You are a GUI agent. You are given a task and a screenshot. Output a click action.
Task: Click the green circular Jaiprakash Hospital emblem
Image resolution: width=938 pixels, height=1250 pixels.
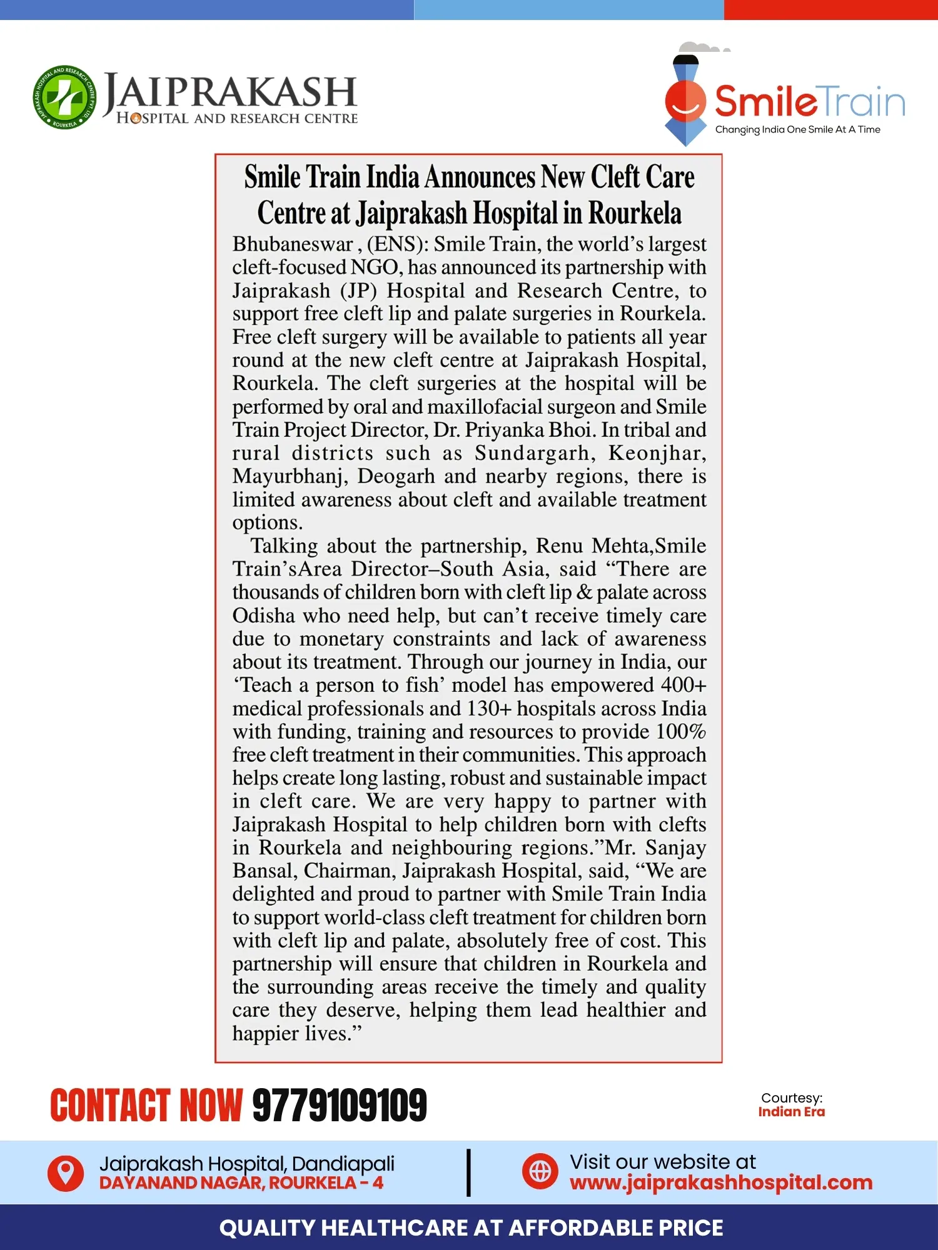point(65,97)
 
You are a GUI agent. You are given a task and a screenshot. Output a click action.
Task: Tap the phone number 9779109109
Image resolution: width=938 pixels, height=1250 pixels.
point(340,1105)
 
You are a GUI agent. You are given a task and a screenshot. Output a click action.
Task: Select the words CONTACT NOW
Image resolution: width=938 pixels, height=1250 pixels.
point(146,1105)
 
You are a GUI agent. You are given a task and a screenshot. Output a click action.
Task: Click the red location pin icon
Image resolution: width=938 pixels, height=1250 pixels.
point(66,1172)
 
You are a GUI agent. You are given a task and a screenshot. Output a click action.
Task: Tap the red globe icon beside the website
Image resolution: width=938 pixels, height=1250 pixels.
point(540,1171)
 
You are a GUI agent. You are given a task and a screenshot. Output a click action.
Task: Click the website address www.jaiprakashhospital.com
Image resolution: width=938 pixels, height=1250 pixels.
point(720,1182)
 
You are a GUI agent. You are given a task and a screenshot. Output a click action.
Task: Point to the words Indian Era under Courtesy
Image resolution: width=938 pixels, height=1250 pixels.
point(791,1112)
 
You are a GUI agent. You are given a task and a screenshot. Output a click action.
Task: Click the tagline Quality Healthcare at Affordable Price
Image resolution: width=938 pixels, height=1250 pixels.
point(471,1227)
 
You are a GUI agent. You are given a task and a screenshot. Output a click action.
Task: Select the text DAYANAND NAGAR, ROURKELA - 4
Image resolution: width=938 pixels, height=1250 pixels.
point(241,1182)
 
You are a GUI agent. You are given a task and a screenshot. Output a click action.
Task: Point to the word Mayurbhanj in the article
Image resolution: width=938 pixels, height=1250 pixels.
point(290,476)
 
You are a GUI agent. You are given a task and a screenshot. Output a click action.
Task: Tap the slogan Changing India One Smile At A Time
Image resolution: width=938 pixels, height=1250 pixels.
point(797,129)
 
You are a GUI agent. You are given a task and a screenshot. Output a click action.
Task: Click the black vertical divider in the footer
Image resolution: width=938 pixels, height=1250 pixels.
point(468,1172)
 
